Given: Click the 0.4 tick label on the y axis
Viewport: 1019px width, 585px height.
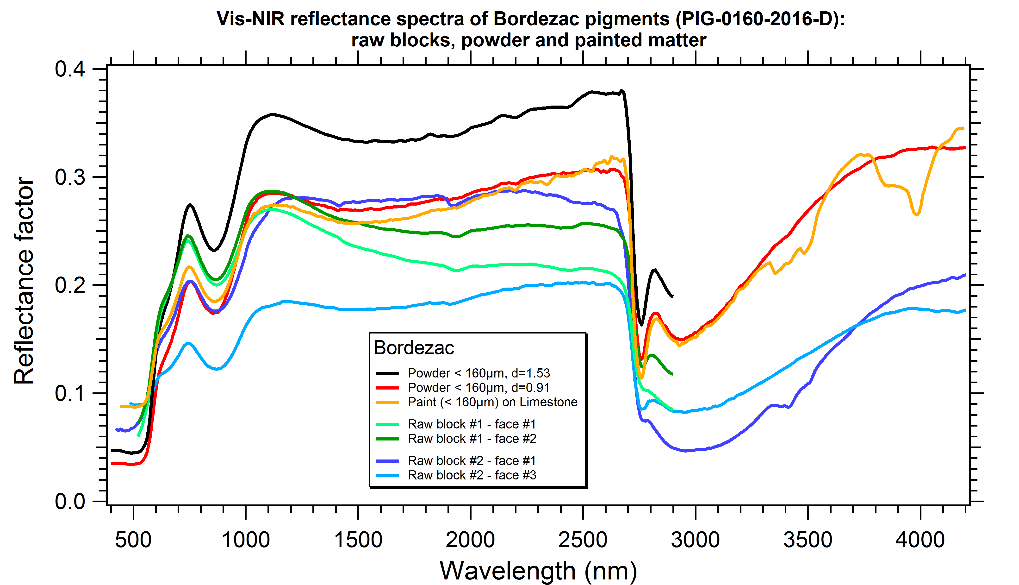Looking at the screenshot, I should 70,69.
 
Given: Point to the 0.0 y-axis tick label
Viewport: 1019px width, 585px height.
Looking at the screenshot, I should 70,501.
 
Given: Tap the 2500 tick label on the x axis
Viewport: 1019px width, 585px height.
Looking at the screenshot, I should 583,540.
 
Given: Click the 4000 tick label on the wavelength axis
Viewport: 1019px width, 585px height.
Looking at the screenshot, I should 920,540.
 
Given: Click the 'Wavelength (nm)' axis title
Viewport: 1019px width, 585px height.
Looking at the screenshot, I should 538,571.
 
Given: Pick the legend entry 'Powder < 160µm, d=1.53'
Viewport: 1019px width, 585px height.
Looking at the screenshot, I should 478,373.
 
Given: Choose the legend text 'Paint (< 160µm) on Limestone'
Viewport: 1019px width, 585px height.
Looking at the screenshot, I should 492,402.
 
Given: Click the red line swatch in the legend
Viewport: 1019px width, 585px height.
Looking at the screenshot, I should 387,388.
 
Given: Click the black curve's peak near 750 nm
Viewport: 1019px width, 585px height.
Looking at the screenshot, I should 190,205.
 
